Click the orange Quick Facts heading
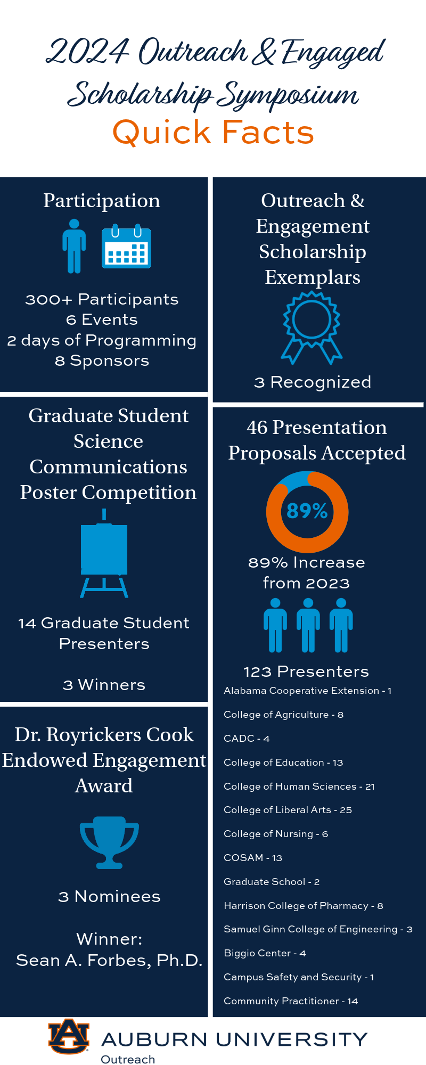point(213,132)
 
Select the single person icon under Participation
point(74,246)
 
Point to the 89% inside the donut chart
point(307,511)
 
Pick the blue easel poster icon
point(104,553)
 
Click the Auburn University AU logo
point(69,1036)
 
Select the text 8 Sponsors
point(102,361)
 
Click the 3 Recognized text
point(313,382)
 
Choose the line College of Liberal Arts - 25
point(288,810)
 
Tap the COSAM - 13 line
point(253,858)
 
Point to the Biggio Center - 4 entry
point(265,953)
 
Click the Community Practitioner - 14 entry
point(291,1001)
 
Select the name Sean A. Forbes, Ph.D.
point(109,960)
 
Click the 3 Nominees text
point(109,897)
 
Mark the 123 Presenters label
point(306,671)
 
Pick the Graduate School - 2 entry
point(272,882)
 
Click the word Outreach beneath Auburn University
point(128,1059)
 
